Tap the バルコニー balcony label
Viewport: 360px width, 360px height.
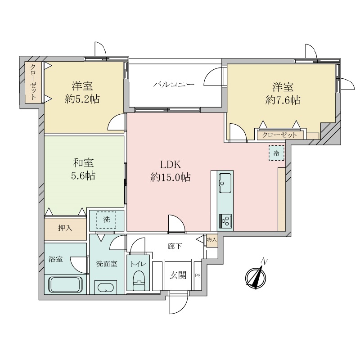click(174, 85)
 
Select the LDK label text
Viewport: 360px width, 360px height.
click(171, 165)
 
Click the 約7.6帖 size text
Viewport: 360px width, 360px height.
click(283, 100)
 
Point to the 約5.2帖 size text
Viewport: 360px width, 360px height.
click(82, 99)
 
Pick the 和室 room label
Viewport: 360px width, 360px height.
click(83, 163)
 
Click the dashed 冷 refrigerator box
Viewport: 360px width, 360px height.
click(276, 153)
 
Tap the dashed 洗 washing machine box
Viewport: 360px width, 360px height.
click(106, 220)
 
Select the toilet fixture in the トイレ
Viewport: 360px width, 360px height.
click(139, 280)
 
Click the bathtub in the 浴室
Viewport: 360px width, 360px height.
click(65, 284)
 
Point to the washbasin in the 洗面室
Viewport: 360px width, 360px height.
click(106, 288)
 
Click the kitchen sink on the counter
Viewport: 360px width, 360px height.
click(225, 183)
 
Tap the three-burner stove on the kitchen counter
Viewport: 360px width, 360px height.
click(225, 221)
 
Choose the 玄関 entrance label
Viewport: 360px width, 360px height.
click(178, 275)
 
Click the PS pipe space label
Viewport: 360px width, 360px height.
click(198, 276)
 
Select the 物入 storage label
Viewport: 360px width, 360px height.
click(211, 240)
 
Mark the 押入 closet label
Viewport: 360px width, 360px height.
click(65, 228)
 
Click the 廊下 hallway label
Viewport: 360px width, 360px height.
click(175, 246)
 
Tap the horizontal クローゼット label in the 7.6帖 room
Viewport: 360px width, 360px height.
click(279, 135)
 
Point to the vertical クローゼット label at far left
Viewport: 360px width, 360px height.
click(33, 82)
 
